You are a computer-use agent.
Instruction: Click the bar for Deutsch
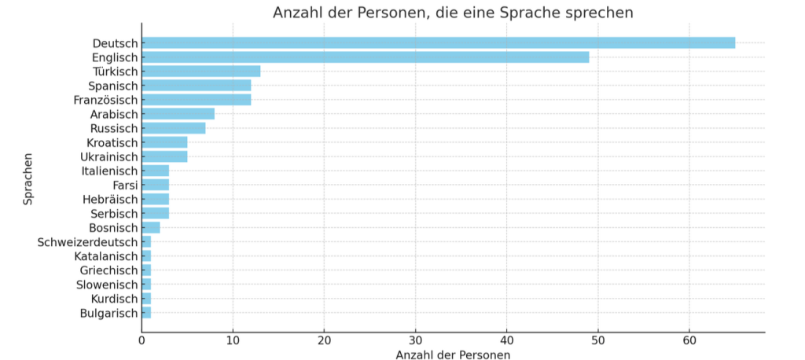click(438, 42)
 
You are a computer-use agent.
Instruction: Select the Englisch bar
click(365, 57)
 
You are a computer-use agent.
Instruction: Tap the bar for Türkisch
click(200, 72)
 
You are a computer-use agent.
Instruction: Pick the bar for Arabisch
click(178, 114)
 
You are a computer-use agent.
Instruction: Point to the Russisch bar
click(173, 128)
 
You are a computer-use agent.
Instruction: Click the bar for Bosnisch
click(151, 228)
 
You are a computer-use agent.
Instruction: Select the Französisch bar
click(196, 100)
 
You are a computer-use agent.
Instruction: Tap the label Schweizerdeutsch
click(87, 242)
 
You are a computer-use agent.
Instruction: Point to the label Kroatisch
click(112, 142)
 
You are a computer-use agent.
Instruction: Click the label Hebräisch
click(110, 200)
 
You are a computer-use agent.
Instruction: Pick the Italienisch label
click(109, 171)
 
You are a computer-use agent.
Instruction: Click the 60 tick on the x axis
click(689, 340)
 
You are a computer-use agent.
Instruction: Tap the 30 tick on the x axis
click(415, 340)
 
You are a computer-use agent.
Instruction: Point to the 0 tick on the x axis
click(142, 340)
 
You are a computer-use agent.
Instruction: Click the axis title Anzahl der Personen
click(453, 355)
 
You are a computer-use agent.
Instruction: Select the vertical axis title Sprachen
click(28, 178)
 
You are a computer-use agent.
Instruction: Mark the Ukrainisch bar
click(164, 156)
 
